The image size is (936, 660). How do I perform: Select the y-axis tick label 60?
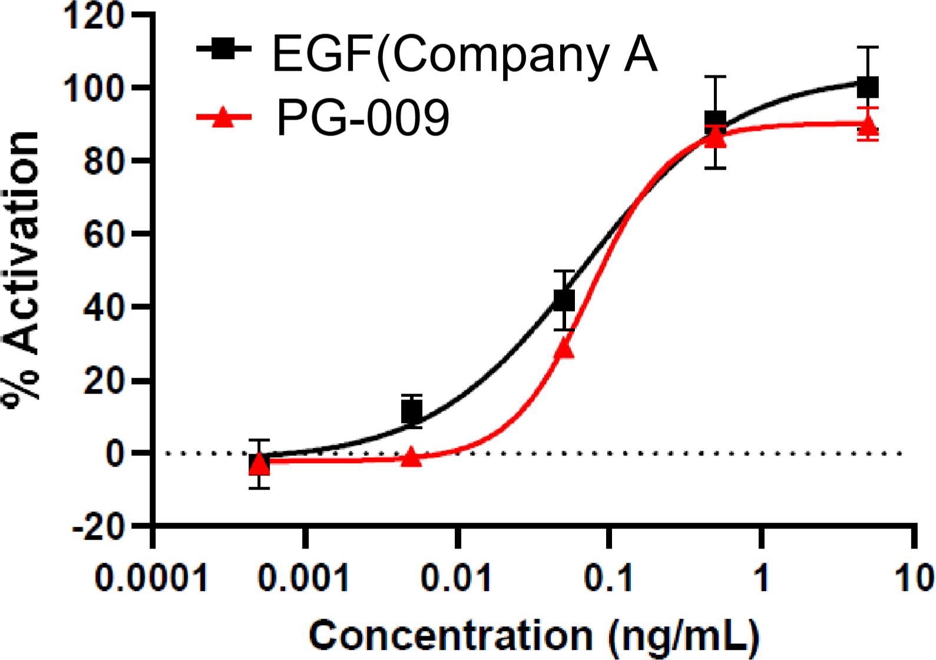point(104,234)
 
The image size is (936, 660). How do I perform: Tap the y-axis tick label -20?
point(98,526)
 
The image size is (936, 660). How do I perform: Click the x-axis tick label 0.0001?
point(151,577)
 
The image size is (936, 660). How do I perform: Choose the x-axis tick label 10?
point(914,577)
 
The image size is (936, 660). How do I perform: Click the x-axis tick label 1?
point(762,577)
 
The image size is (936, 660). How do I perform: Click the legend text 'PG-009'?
point(363,118)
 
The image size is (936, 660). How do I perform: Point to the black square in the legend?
point(223,48)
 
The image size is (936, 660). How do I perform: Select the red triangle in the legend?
point(223,117)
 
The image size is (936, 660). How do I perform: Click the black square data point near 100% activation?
point(868,87)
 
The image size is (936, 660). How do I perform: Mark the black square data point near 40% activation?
point(564,301)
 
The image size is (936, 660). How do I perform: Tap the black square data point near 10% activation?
point(412,411)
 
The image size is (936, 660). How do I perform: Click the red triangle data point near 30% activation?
point(564,349)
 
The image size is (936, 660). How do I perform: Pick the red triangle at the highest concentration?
point(868,125)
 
